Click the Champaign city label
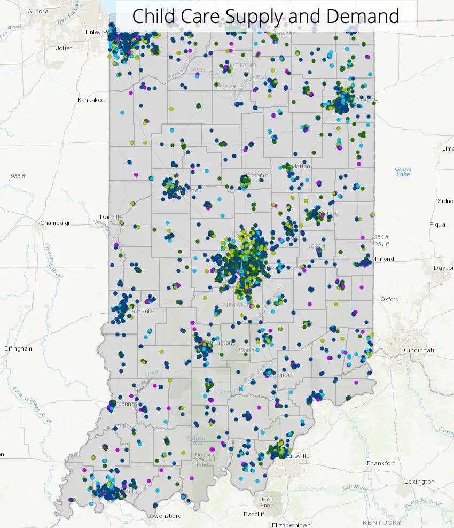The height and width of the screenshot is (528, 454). tap(56, 223)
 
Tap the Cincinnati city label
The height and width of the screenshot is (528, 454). tap(419, 350)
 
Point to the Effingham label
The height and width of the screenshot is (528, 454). tap(18, 348)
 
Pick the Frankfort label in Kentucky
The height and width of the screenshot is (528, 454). tap(381, 463)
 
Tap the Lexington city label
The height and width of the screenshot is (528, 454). tap(419, 482)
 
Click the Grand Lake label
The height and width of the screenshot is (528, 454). tap(403, 172)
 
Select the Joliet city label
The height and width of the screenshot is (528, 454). tap(64, 48)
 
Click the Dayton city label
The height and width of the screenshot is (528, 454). tap(443, 268)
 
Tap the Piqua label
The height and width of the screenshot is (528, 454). tap(437, 224)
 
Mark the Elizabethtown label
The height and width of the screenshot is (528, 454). tap(291, 525)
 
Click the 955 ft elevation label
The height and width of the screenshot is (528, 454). tap(18, 176)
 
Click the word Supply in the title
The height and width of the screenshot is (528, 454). tap(256, 16)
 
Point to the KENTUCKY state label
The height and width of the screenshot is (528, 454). tap(381, 522)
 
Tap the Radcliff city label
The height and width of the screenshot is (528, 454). tap(254, 514)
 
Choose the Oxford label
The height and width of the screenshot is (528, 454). tap(389, 299)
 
